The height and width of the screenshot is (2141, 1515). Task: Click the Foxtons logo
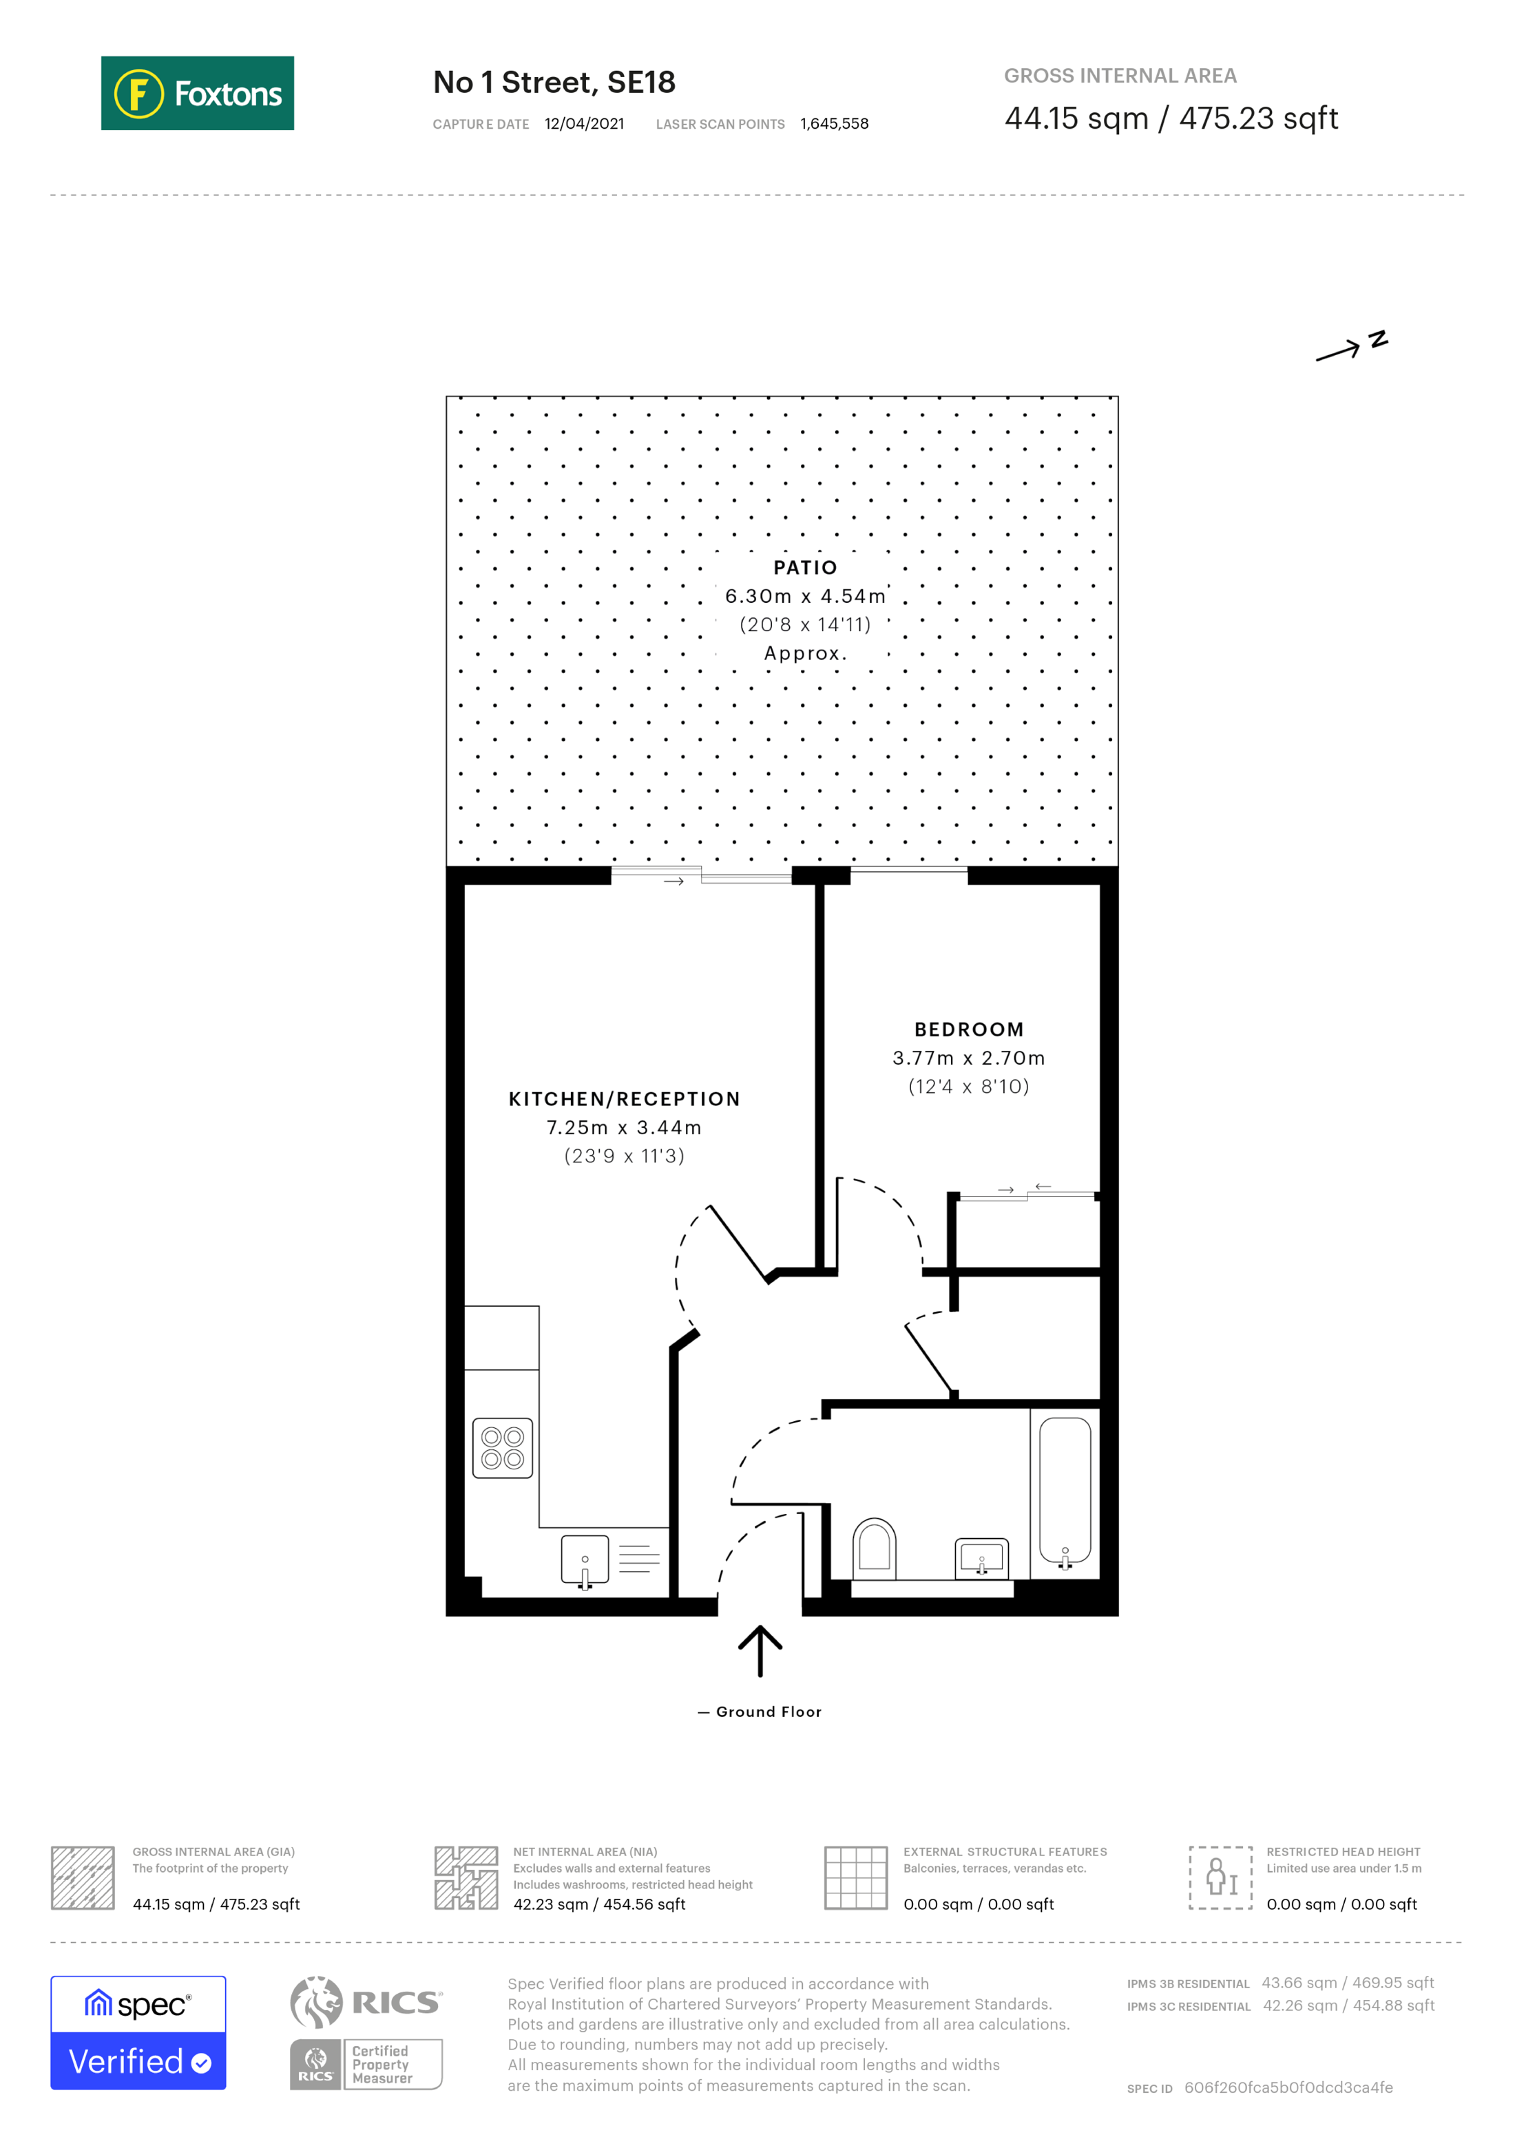tap(197, 93)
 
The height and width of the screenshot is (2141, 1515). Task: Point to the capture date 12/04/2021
tap(584, 124)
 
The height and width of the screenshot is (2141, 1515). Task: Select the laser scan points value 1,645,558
tap(834, 124)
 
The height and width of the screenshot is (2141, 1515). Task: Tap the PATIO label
tap(805, 567)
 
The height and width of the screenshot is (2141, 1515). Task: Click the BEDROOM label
tap(968, 1030)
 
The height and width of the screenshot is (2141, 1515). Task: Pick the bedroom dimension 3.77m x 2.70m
tap(968, 1058)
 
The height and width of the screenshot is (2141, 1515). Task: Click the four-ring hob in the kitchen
tap(502, 1448)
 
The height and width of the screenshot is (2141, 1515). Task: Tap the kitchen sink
tap(585, 1559)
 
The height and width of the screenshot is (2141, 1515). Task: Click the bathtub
tap(1065, 1489)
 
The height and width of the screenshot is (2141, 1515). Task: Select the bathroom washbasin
tap(981, 1557)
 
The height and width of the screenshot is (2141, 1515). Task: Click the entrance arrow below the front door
tap(760, 1650)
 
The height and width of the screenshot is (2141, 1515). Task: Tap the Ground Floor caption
tap(768, 1712)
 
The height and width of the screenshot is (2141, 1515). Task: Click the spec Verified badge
tap(138, 2033)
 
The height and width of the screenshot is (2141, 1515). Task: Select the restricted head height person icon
tap(1220, 1878)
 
